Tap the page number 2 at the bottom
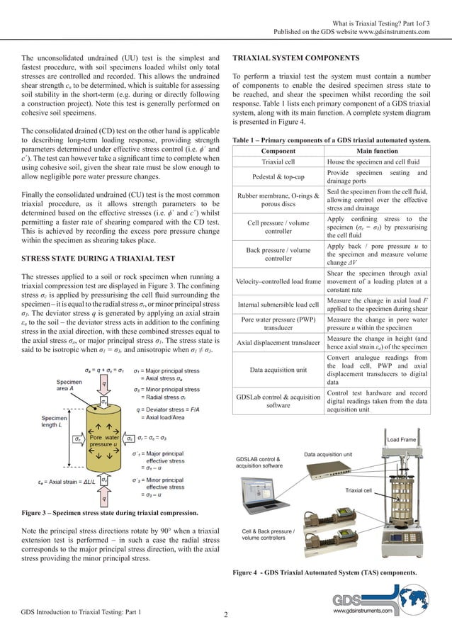pos(225,613)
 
